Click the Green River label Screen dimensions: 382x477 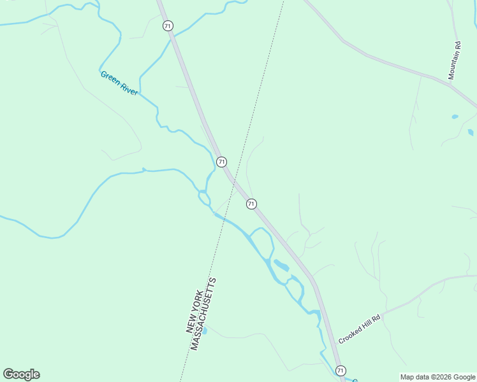point(119,83)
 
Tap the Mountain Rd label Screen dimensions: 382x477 point(454,60)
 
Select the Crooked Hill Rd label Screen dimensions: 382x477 point(360,329)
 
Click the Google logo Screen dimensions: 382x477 point(21,374)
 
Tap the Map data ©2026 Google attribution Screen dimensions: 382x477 point(437,377)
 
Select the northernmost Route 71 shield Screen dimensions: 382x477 point(168,25)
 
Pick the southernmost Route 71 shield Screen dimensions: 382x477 point(341,371)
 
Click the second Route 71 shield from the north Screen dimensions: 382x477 point(221,162)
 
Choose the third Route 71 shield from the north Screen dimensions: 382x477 point(251,204)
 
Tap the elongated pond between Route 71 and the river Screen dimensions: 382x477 point(281,265)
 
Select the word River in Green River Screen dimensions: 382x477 point(129,88)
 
